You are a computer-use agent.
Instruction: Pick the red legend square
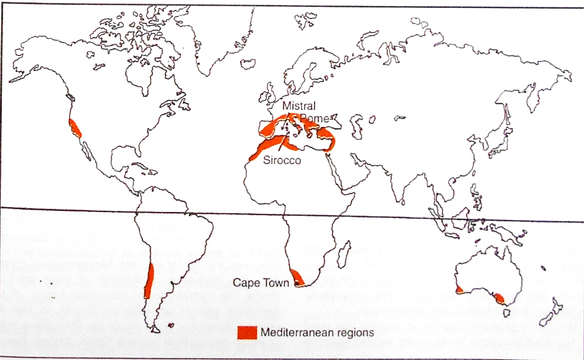[247, 332]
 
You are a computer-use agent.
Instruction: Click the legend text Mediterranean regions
[317, 332]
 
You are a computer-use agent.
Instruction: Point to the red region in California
[75, 128]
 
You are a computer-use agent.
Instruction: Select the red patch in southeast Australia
[499, 298]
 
